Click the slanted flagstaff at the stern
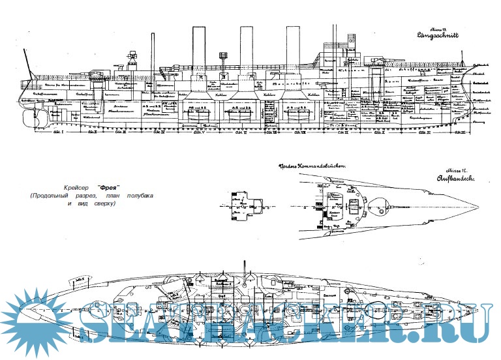click(27, 63)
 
